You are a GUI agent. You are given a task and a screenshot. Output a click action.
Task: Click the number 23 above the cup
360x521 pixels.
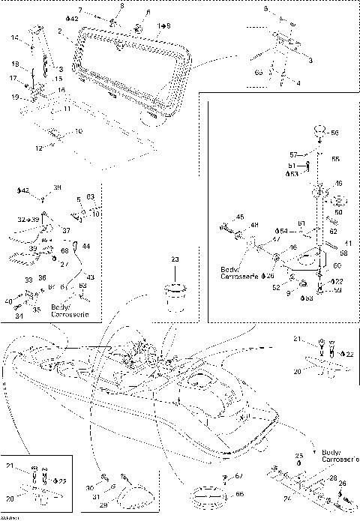point(175,259)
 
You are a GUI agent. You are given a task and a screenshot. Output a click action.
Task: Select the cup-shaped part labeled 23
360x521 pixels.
point(174,295)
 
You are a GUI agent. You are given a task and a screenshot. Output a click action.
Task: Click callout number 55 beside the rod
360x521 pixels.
point(335,159)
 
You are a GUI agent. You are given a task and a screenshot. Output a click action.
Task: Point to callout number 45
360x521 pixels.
point(239,217)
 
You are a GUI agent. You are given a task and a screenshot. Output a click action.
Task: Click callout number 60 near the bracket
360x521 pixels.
point(337,265)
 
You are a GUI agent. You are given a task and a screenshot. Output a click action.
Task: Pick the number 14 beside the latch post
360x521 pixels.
point(14,37)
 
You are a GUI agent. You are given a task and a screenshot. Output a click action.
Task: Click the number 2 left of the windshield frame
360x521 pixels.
point(58,31)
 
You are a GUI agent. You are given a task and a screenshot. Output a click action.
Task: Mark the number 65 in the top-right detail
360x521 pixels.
point(258,72)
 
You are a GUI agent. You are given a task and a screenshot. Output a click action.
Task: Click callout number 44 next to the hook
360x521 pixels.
point(86,246)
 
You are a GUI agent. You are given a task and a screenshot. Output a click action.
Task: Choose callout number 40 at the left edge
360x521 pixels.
point(8,301)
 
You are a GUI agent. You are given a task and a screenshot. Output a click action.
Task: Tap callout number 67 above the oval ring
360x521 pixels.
point(239,476)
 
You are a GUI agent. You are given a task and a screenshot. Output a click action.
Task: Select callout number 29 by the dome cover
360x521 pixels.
point(103,506)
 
